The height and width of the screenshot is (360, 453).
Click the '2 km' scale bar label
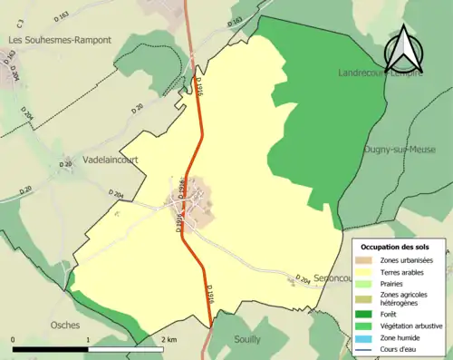169,338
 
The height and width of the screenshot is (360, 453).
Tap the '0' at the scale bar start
14,338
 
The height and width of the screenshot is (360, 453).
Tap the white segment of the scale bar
125,349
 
